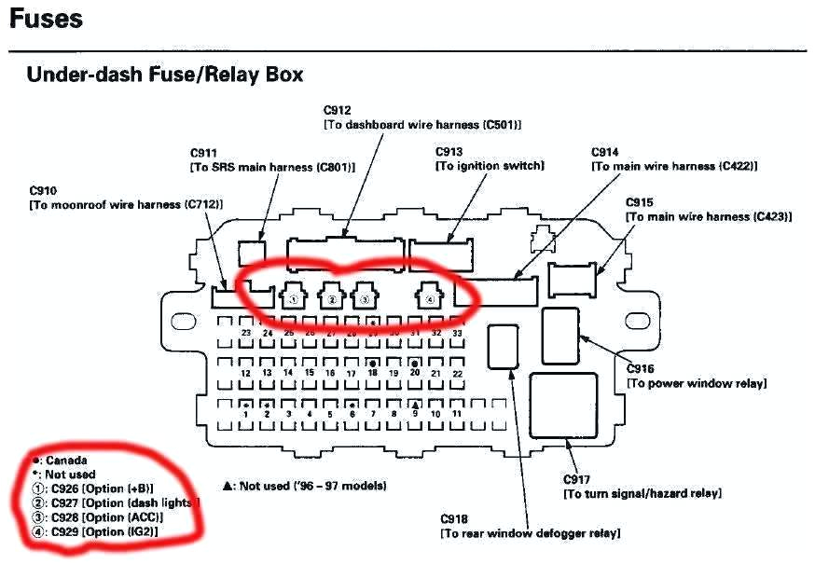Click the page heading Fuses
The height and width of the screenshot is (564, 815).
point(46,19)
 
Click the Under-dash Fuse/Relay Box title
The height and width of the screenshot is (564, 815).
point(164,75)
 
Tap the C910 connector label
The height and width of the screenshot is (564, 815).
point(46,189)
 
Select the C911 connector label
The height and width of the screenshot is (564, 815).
point(204,152)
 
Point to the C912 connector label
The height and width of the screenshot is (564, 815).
point(338,110)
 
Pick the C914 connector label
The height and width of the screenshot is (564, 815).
point(605,152)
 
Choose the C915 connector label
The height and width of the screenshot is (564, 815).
point(640,201)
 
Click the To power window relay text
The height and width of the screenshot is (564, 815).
point(697,383)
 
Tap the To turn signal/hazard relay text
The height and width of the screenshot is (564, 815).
point(642,492)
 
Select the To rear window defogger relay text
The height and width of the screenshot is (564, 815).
point(530,533)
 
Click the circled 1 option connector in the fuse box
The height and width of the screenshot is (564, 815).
point(293,298)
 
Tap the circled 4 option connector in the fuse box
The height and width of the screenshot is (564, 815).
point(428,298)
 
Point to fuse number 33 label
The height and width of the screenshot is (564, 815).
point(457,333)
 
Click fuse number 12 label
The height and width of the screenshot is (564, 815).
point(245,373)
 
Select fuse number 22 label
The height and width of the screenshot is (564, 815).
point(457,373)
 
